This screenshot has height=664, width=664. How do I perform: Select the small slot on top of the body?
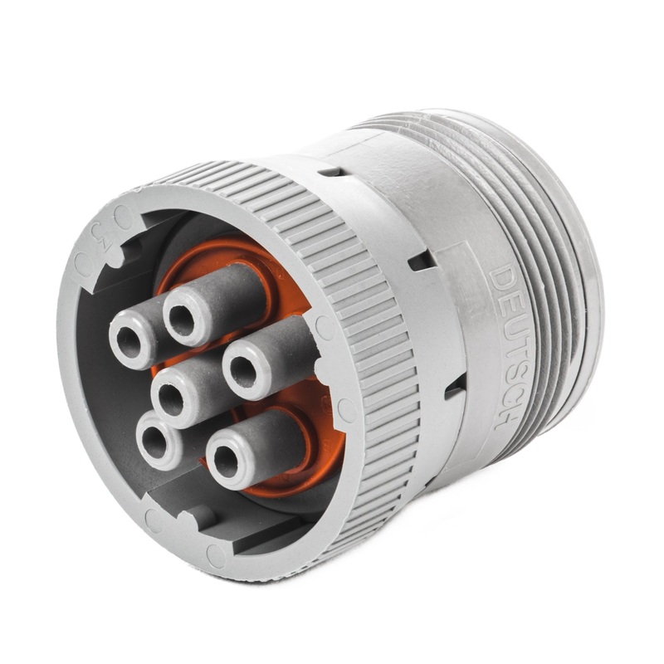[x=330, y=171]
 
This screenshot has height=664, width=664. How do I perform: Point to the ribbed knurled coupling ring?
[x=365, y=332]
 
